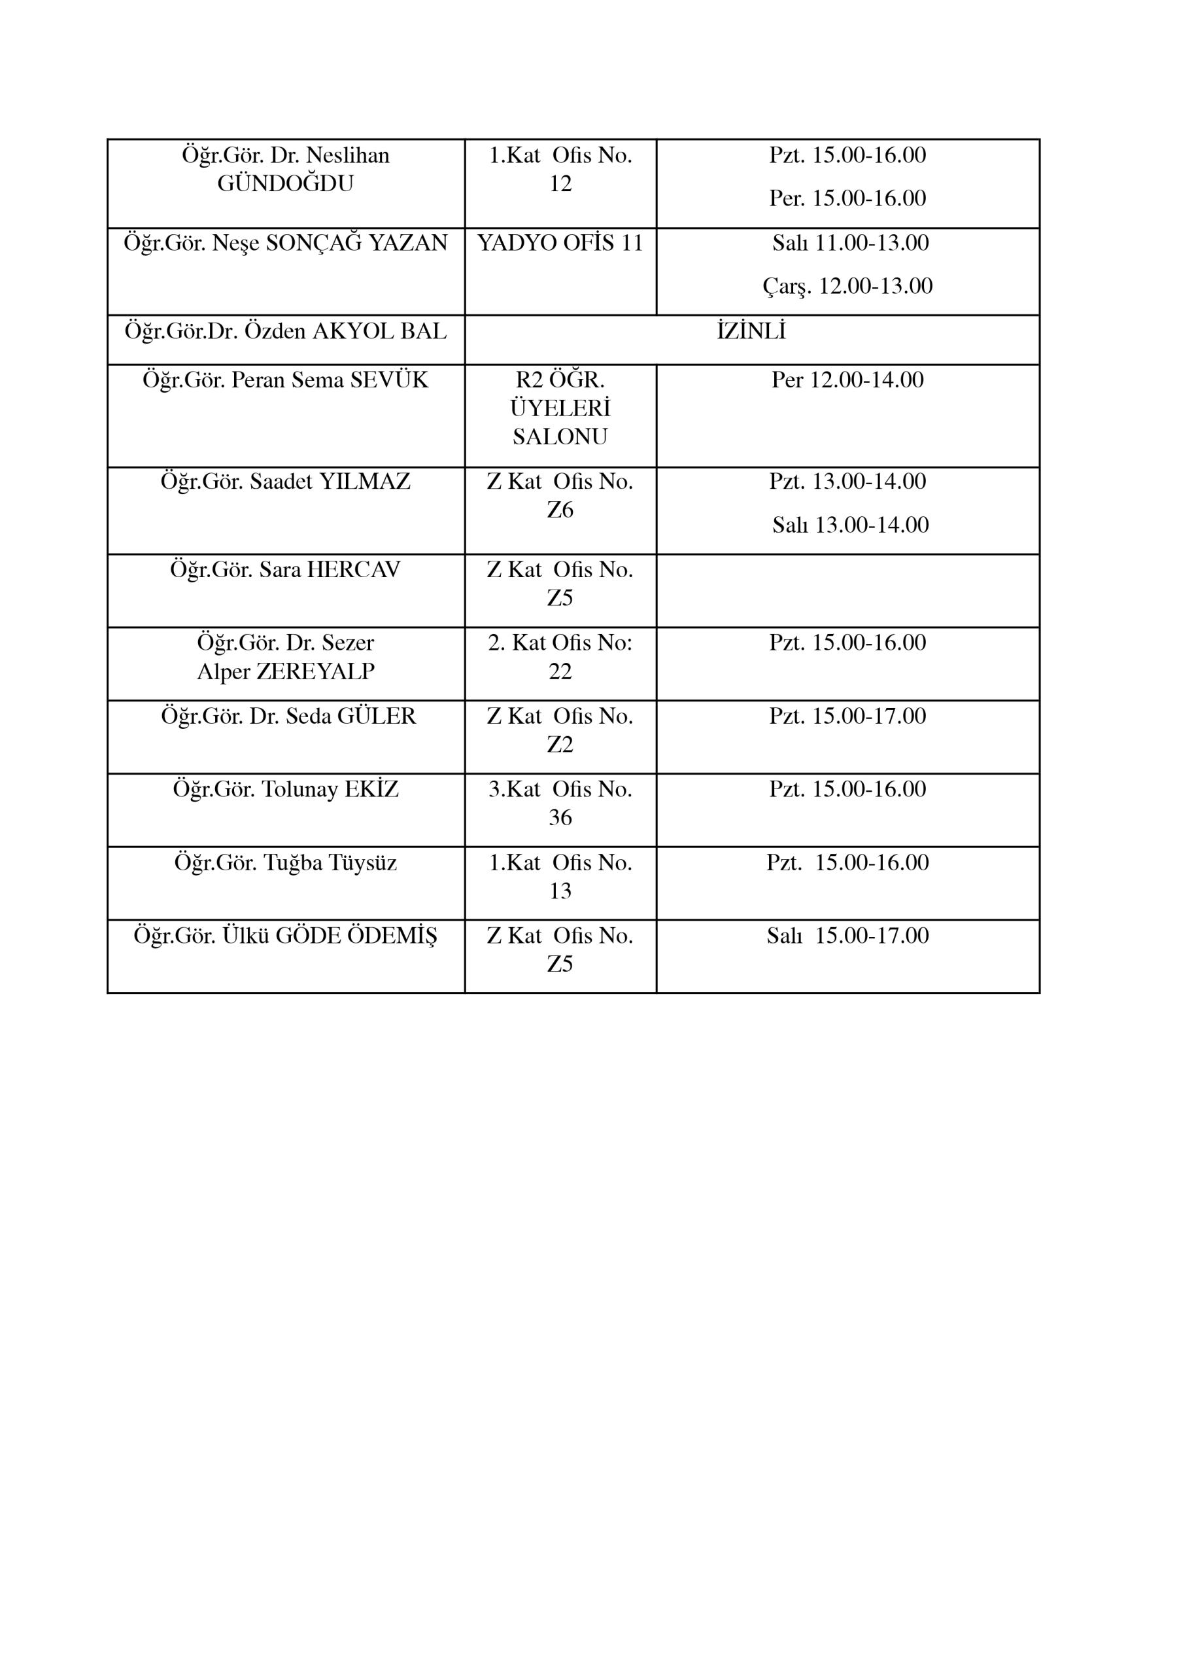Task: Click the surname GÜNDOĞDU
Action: coord(285,184)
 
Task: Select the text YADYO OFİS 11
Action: coord(560,243)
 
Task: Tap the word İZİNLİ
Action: coord(751,331)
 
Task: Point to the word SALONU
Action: coord(560,437)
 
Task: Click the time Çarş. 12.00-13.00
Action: coord(847,287)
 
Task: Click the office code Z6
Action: coord(560,510)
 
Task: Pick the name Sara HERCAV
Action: coord(285,570)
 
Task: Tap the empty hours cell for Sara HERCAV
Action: coord(847,591)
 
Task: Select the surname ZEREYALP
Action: coord(315,672)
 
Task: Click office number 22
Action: coord(560,672)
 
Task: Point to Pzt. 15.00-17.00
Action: coord(847,717)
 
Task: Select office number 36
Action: coord(560,818)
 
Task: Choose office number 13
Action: coord(560,891)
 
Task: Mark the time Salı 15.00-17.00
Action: coord(847,936)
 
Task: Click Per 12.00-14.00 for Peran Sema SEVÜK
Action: coord(847,380)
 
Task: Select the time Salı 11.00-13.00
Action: coord(850,243)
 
